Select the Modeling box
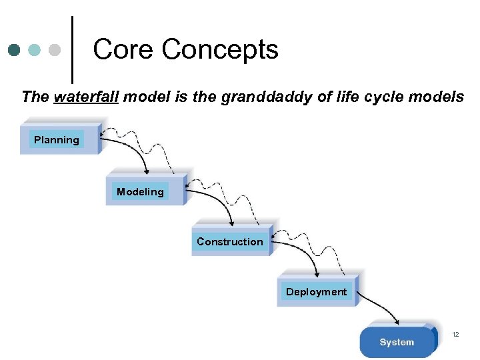141,191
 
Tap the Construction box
230,241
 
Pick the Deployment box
317,291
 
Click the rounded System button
397,342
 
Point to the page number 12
456,333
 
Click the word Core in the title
124,49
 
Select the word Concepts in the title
220,49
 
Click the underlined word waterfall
86,97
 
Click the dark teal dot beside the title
15,50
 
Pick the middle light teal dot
35,50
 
